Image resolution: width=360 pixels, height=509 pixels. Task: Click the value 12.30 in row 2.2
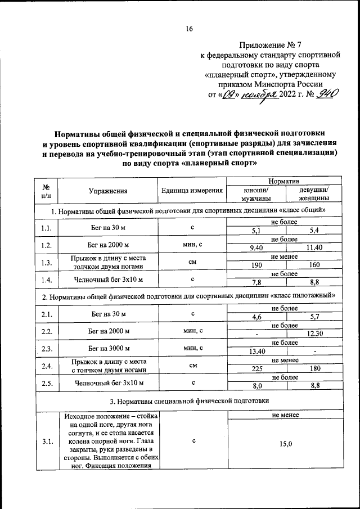click(314, 334)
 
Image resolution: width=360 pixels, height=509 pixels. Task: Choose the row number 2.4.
click(47, 366)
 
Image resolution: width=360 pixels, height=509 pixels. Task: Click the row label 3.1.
click(47, 442)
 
